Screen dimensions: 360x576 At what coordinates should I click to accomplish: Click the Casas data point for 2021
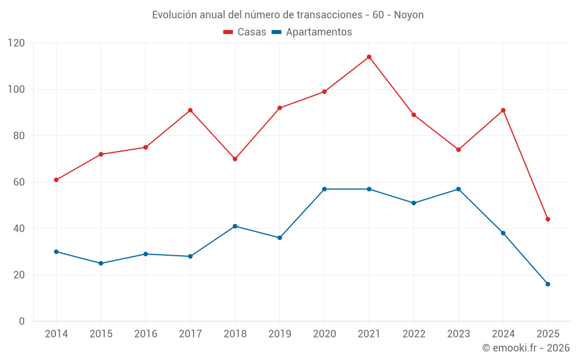[369, 57]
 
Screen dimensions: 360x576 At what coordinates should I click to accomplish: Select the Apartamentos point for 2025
[548, 284]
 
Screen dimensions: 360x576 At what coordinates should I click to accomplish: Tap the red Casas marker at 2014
[56, 180]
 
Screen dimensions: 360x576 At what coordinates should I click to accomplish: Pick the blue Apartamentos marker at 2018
[235, 226]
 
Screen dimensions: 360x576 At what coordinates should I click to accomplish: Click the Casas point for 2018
[235, 159]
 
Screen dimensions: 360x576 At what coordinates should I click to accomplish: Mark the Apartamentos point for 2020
[324, 189]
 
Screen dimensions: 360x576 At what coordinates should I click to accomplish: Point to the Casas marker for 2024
[503, 110]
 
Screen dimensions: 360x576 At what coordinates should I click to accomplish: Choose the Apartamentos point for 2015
[101, 263]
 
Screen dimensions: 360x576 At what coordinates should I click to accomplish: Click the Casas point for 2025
[548, 219]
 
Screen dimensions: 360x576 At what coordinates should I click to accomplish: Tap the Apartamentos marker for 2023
[458, 189]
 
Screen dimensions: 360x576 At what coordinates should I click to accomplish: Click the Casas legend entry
[245, 32]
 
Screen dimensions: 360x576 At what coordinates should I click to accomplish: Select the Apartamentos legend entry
[312, 32]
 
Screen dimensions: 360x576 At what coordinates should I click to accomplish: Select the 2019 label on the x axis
[280, 334]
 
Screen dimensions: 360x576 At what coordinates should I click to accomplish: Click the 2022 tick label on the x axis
[414, 334]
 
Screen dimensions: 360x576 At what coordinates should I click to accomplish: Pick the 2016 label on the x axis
[146, 334]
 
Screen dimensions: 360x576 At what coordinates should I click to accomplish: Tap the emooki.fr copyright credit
[525, 348]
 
